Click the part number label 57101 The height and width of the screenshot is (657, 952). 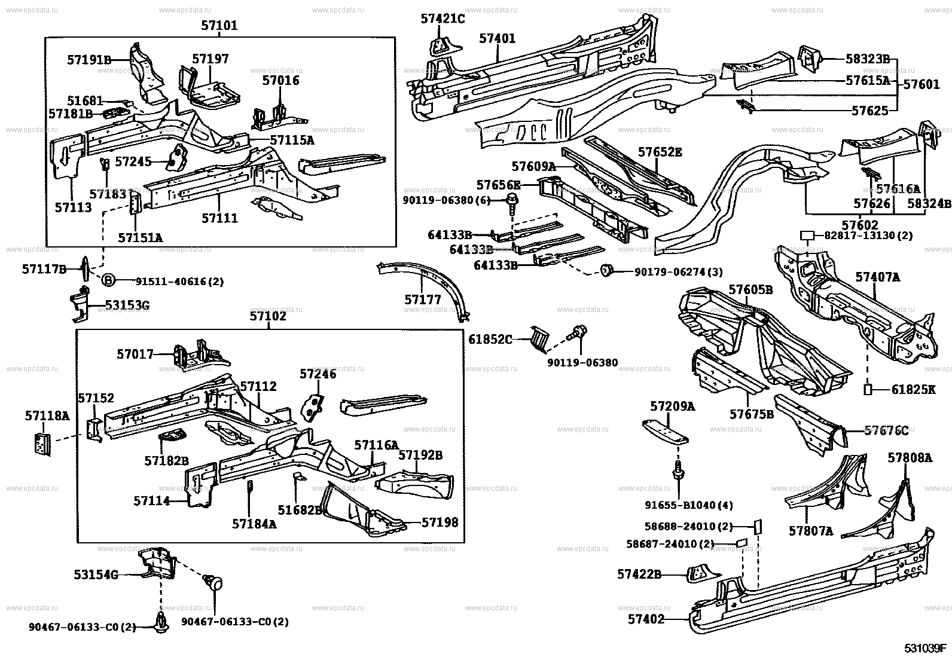219,26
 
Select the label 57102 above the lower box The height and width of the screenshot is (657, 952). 268,316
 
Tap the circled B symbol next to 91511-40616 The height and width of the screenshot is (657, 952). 108,280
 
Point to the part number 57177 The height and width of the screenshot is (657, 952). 423,300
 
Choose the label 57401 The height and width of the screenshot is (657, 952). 497,38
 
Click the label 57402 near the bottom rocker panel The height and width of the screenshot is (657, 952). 646,620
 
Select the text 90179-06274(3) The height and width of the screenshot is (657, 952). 679,273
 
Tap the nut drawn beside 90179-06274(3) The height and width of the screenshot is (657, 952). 606,271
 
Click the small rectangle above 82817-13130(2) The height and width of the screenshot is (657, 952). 808,236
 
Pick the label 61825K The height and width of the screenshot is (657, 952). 913,390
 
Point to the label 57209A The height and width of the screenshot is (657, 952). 673,407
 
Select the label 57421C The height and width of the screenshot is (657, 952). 443,19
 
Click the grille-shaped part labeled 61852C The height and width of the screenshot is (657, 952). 539,339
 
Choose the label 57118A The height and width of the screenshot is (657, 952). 47,415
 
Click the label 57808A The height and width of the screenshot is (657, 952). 910,458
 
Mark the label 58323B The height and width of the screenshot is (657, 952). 868,59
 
